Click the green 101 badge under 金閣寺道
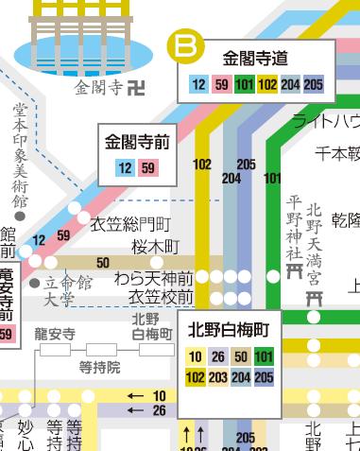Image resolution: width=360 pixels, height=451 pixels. point(245,85)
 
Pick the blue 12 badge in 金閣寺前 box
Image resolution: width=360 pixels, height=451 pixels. point(126,168)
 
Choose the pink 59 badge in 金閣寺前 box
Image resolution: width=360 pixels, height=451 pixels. point(148,168)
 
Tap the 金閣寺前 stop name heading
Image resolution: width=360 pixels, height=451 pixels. point(137,144)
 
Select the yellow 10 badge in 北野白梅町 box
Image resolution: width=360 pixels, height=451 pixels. point(195,356)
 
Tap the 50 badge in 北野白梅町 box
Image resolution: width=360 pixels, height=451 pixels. point(241,356)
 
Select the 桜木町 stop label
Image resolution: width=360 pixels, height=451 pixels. point(155,246)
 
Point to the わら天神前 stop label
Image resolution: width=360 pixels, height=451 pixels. point(153,279)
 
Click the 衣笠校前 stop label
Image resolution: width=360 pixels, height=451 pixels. point(161,298)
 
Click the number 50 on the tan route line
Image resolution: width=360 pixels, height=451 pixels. point(103,262)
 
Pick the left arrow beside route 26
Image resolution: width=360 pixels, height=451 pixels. point(136,410)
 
